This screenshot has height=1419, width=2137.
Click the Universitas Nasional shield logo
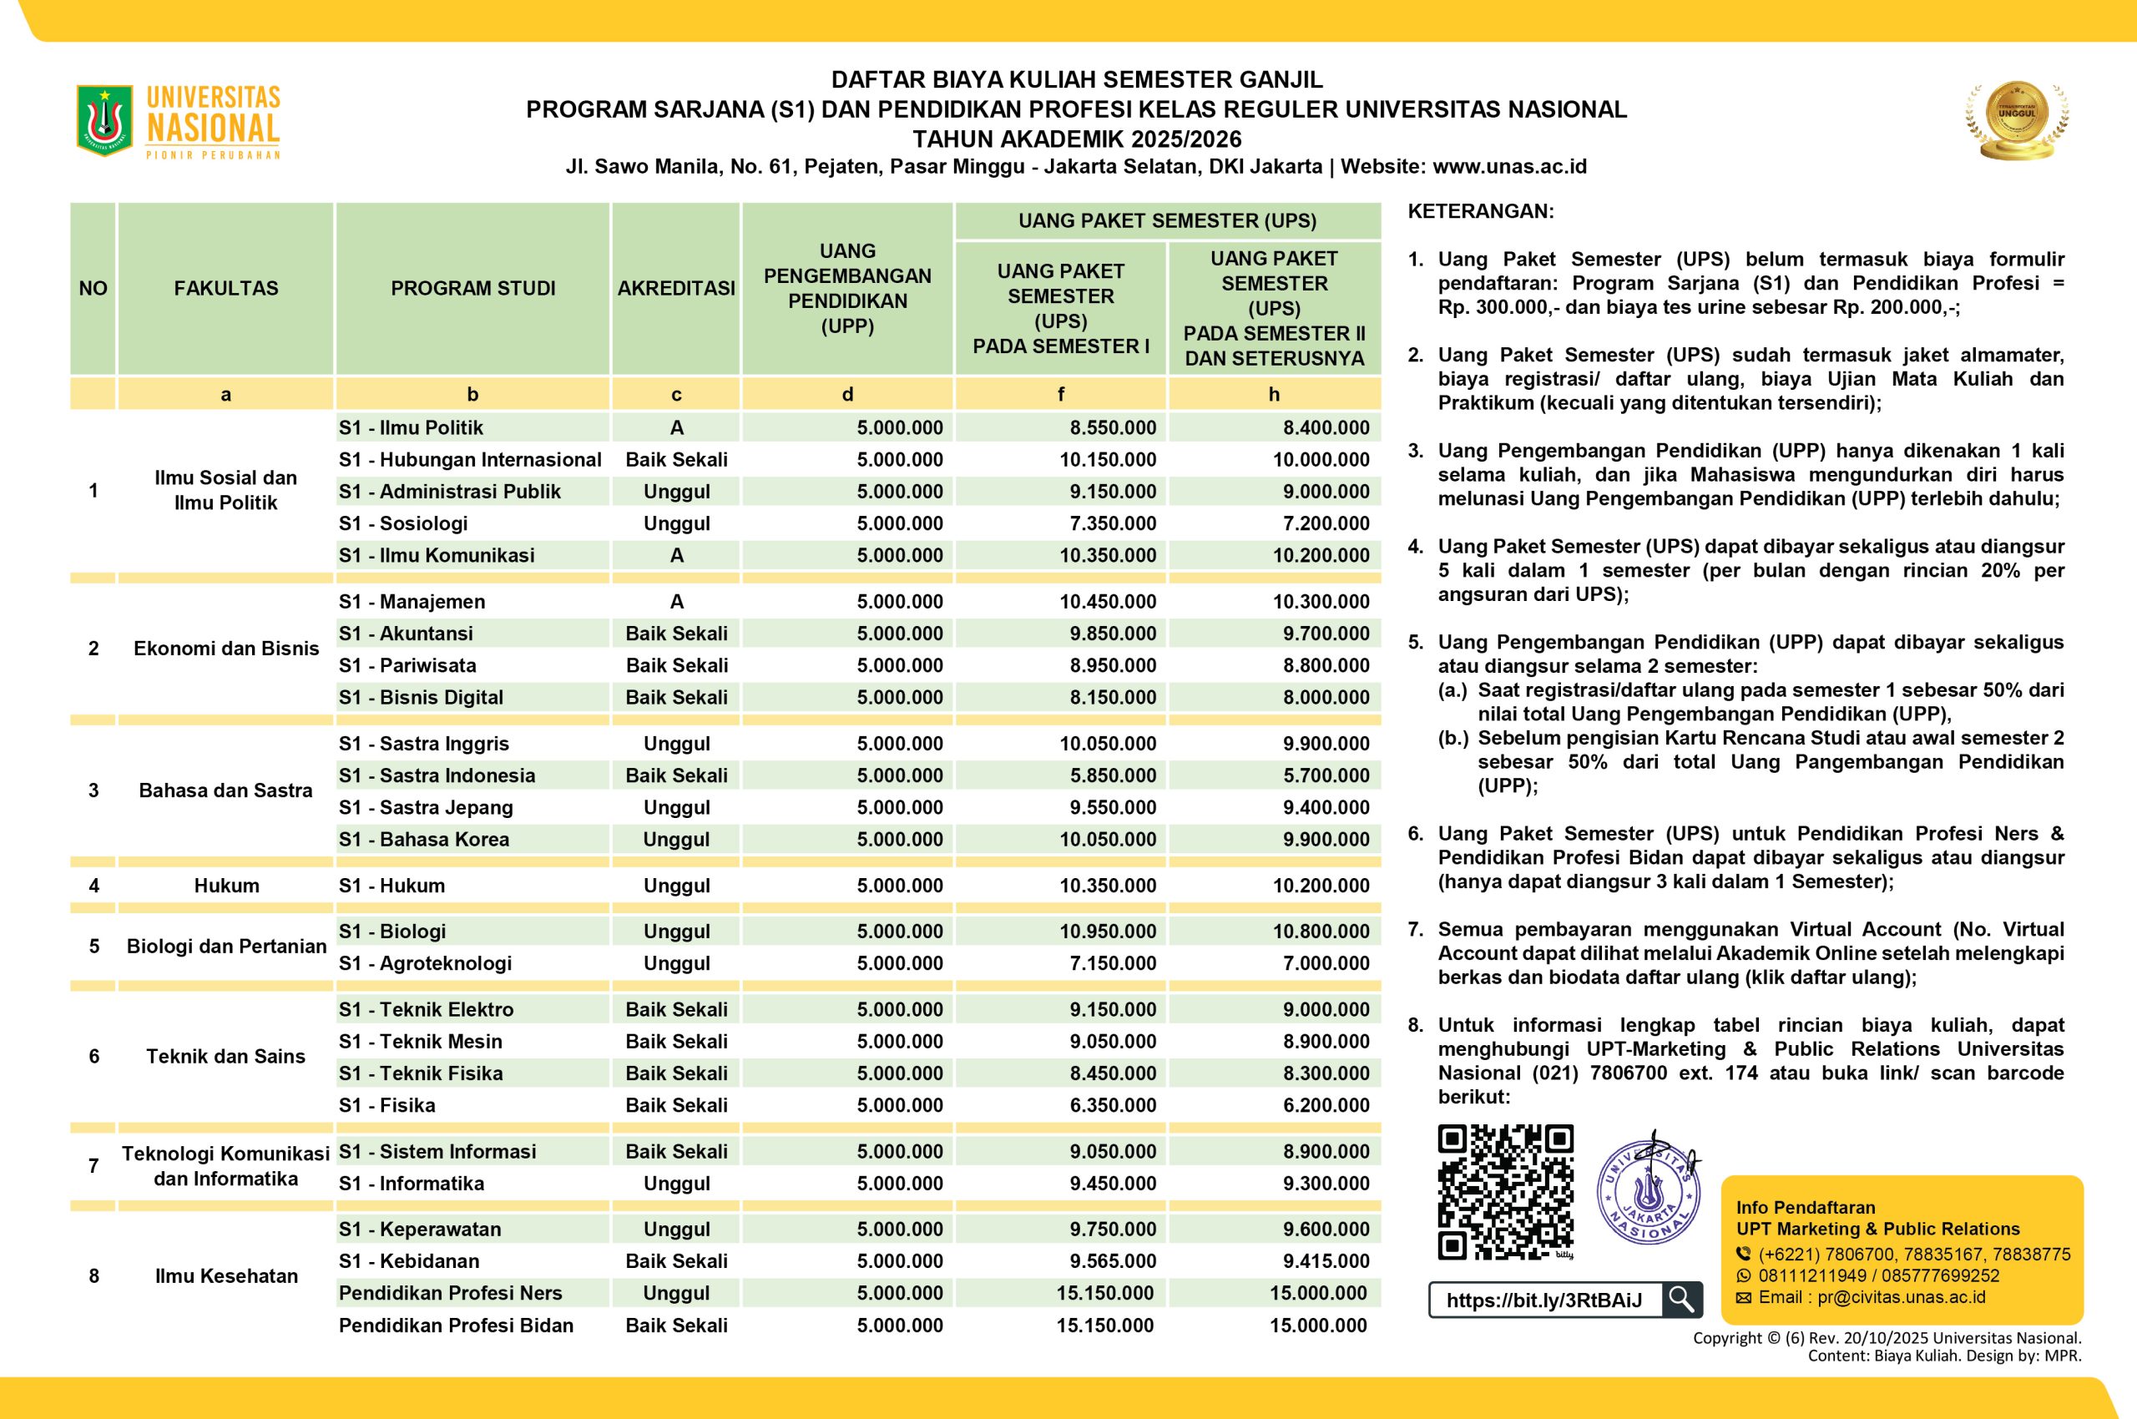[x=105, y=120]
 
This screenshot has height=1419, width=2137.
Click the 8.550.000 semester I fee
[x=1113, y=427]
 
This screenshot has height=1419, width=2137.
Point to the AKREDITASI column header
[x=676, y=289]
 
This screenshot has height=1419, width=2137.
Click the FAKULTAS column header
[x=225, y=289]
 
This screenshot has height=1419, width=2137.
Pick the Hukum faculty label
[x=226, y=885]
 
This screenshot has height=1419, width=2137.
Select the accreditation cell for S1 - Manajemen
[x=676, y=602]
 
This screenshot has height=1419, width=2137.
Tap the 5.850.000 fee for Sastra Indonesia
[x=1113, y=775]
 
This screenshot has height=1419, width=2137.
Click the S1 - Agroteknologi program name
[x=426, y=963]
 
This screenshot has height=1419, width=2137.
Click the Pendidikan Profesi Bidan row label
[x=456, y=1325]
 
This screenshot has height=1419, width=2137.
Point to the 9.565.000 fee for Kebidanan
[x=1113, y=1260]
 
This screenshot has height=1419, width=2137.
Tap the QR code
[x=1505, y=1192]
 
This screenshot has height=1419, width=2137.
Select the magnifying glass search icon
[x=1681, y=1300]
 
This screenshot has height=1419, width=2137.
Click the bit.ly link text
[x=1544, y=1300]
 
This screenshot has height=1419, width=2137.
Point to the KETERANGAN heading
[x=1481, y=212]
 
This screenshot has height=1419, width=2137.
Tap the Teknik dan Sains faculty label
[x=225, y=1056]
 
